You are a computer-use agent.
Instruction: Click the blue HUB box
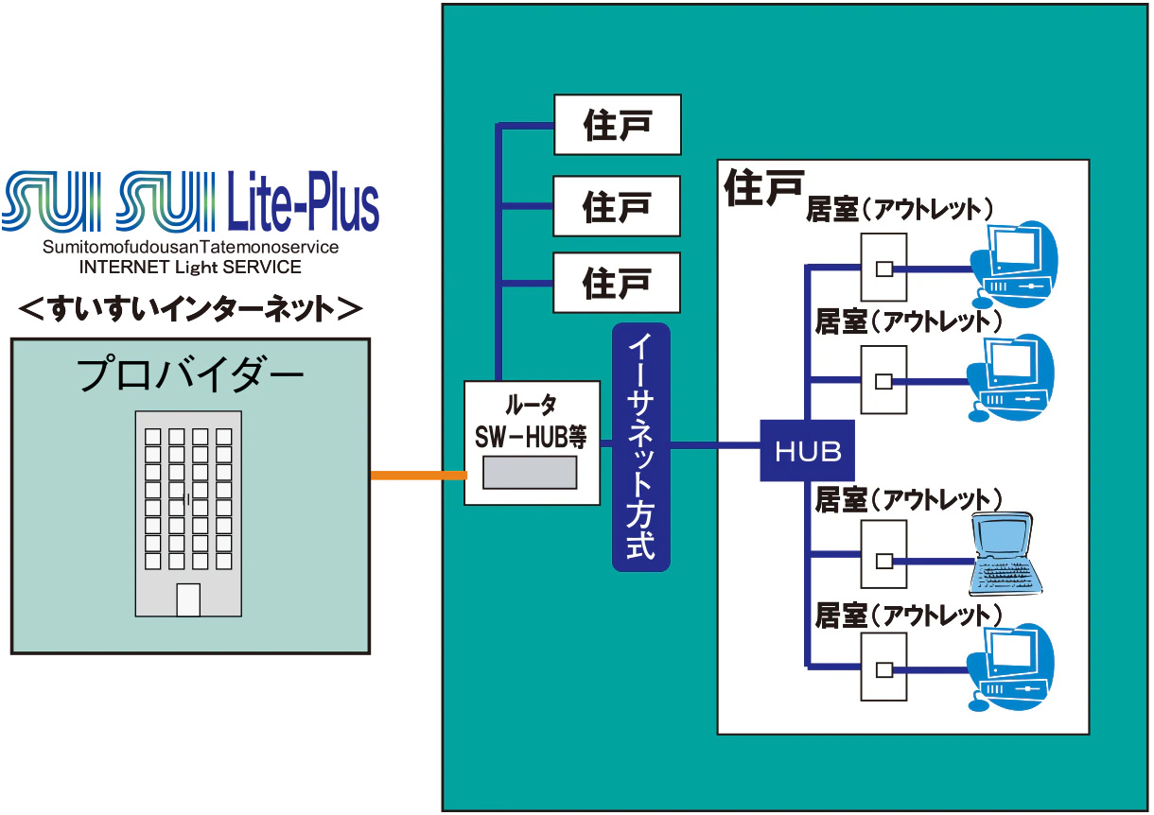pyautogui.click(x=808, y=451)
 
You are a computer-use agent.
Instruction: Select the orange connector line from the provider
pyautogui.click(x=417, y=475)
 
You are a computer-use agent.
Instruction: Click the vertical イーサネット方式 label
pyautogui.click(x=641, y=447)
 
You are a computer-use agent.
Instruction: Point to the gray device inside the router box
pyautogui.click(x=530, y=472)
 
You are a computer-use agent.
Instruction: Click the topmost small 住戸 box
pyautogui.click(x=617, y=124)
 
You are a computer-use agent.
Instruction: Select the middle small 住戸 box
pyautogui.click(x=617, y=203)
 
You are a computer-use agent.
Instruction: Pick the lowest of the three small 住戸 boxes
pyautogui.click(x=617, y=283)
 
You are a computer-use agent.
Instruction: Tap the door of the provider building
pyautogui.click(x=189, y=600)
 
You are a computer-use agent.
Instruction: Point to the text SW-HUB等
pyautogui.click(x=531, y=437)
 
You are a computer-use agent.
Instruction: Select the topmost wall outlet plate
pyautogui.click(x=883, y=268)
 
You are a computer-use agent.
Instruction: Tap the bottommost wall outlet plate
pyautogui.click(x=883, y=668)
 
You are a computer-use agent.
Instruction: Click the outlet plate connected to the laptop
pyautogui.click(x=883, y=557)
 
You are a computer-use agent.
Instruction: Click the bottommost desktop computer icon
pyautogui.click(x=1013, y=661)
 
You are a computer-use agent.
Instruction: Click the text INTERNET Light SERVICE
pyautogui.click(x=190, y=268)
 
